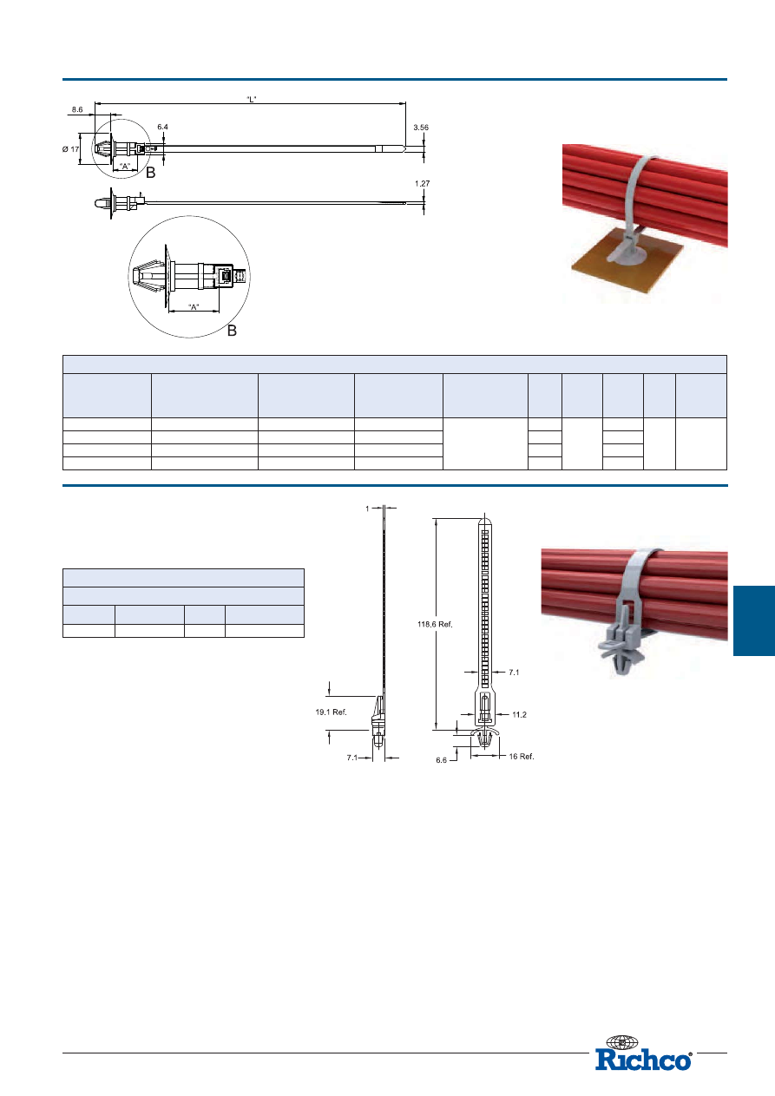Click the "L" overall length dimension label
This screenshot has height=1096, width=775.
252,99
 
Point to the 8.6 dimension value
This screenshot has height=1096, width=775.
77,109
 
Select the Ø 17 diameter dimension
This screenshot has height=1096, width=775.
70,149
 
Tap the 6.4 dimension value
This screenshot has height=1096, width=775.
162,128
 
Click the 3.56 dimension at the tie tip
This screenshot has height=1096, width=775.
421,128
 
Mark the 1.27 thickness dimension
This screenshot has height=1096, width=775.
423,183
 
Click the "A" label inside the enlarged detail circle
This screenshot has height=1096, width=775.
194,307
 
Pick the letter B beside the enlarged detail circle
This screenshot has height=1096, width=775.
232,331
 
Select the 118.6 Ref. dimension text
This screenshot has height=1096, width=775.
435,624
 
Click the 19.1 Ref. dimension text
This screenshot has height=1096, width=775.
332,712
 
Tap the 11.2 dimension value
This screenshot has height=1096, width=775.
519,715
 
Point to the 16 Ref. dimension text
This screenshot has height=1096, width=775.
522,757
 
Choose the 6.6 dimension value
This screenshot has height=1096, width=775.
442,760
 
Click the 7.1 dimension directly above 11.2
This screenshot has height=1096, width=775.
514,673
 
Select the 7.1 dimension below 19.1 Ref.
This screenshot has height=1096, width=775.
352,758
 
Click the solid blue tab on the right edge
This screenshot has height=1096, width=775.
754,620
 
